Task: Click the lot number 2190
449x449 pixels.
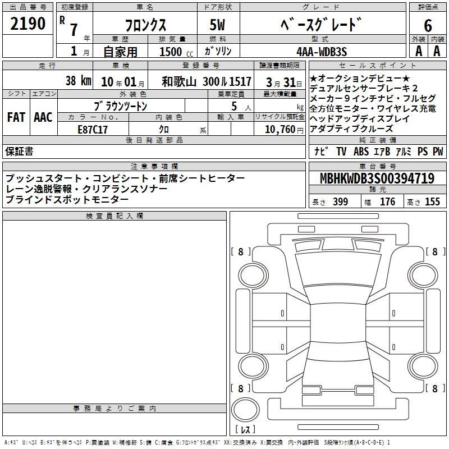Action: [28, 24]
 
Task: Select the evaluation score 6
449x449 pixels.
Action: [428, 25]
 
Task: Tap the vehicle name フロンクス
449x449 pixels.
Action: [145, 25]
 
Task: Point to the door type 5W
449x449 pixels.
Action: [217, 25]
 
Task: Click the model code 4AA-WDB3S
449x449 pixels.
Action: [322, 52]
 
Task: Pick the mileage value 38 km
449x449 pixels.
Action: [78, 81]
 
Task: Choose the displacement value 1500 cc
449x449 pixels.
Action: [176, 52]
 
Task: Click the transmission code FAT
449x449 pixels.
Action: [16, 117]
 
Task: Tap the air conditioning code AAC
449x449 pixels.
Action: [43, 117]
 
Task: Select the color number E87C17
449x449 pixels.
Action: [93, 130]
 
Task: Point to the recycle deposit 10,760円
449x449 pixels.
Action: [284, 130]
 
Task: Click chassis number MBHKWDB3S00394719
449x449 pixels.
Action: [377, 178]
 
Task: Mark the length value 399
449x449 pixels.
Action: [340, 201]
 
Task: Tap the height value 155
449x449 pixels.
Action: [432, 201]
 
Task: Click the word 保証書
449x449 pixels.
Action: [19, 152]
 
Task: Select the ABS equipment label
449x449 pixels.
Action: [361, 152]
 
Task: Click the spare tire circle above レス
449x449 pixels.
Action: [245, 410]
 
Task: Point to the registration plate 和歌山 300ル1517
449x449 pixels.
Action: [207, 81]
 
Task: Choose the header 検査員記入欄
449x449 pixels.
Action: [114, 216]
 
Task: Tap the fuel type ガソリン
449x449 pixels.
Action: [218, 51]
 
